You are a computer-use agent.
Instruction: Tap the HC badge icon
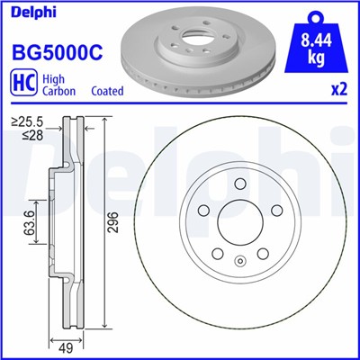[x=22, y=84]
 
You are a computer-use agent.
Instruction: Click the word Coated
[x=108, y=91]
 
